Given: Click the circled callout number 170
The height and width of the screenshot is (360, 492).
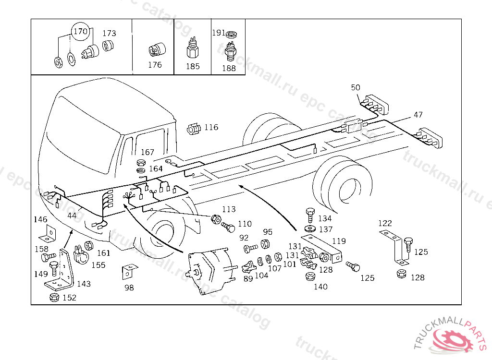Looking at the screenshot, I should pyautogui.click(x=80, y=32).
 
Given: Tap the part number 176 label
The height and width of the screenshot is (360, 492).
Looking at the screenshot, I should pyautogui.click(x=155, y=65).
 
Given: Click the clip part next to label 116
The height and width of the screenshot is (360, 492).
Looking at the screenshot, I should pyautogui.click(x=194, y=128).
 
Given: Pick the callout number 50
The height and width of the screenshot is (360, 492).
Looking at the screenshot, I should pyautogui.click(x=356, y=87).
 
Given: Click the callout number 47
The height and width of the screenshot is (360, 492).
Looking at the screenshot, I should pyautogui.click(x=418, y=115).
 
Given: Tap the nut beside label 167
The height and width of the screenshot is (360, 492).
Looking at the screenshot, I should pyautogui.click(x=141, y=162).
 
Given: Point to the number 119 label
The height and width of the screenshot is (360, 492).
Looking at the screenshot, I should pyautogui.click(x=339, y=241).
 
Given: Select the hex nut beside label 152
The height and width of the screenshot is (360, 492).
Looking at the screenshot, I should pyautogui.click(x=54, y=298).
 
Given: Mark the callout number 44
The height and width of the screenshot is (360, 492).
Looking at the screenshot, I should pyautogui.click(x=72, y=216).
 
